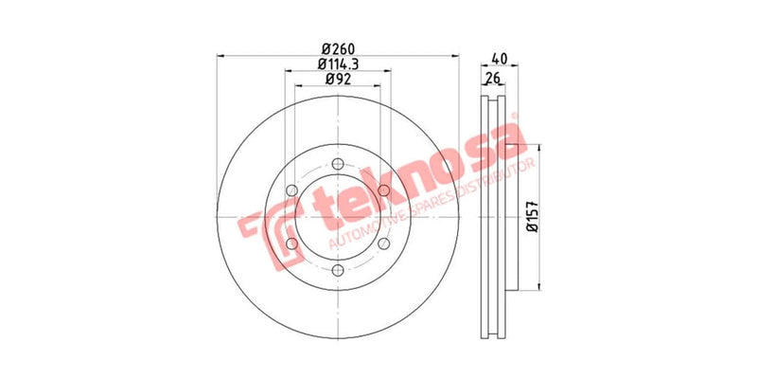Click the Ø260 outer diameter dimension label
point(338,49)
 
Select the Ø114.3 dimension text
point(338,64)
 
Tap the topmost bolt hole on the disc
point(338,163)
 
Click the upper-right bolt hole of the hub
point(384,190)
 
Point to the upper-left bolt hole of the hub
point(291,190)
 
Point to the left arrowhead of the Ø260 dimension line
point(220,56)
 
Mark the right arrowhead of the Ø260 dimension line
point(457,56)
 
